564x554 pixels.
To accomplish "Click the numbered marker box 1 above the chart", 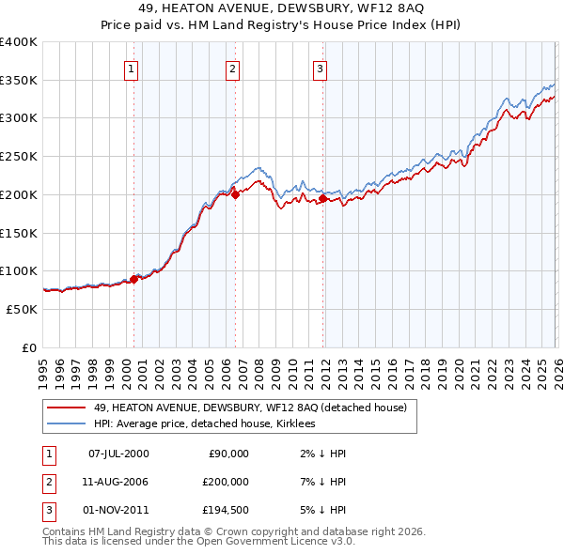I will (131, 68).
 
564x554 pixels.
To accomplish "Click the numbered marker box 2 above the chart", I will (232, 68).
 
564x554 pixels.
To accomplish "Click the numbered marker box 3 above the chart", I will (321, 68).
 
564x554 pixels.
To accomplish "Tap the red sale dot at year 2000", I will (133, 278).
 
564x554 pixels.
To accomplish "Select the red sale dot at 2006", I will (235, 194).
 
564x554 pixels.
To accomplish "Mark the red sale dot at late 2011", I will (322, 198).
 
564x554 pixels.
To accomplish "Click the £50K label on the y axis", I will (22, 309).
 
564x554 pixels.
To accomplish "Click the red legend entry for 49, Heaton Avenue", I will (249, 408).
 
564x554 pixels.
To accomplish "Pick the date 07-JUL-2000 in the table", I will (118, 454).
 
